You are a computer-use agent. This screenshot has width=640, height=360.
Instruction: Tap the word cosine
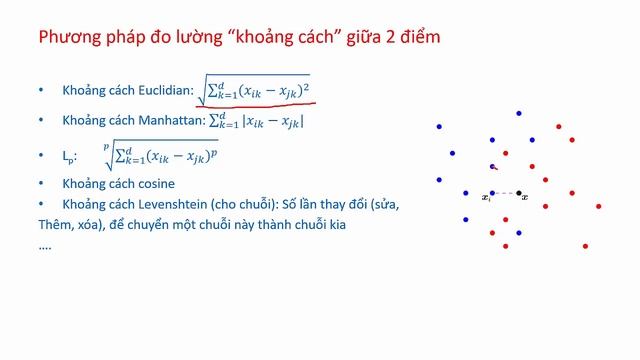pos(159,184)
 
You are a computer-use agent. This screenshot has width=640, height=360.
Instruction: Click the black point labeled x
pos(518,193)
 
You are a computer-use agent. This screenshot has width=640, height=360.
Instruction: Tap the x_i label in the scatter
pos(486,198)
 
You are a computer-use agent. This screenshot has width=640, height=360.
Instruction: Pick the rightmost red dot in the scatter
pos(598,206)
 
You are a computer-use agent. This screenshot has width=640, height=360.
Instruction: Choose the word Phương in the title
pos(67,38)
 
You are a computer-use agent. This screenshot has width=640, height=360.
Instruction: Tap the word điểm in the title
pos(416,38)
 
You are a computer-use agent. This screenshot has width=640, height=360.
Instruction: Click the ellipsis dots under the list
pos(44,246)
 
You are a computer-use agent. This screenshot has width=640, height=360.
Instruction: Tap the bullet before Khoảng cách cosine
pos(41,184)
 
